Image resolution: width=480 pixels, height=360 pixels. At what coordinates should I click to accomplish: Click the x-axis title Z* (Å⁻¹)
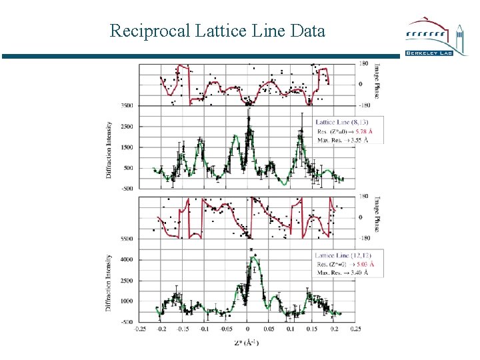[247, 343]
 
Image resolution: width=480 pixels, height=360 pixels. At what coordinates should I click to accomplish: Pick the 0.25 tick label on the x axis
[356, 329]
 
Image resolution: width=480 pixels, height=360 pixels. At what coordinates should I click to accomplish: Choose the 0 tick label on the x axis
[247, 329]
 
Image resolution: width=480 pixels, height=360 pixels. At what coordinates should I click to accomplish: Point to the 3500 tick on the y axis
[127, 105]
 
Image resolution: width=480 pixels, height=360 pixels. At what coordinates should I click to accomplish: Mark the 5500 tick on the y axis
[127, 239]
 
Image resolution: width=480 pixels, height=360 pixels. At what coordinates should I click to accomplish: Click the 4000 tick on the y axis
[127, 259]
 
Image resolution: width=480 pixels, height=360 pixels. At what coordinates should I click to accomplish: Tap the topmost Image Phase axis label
[377, 81]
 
